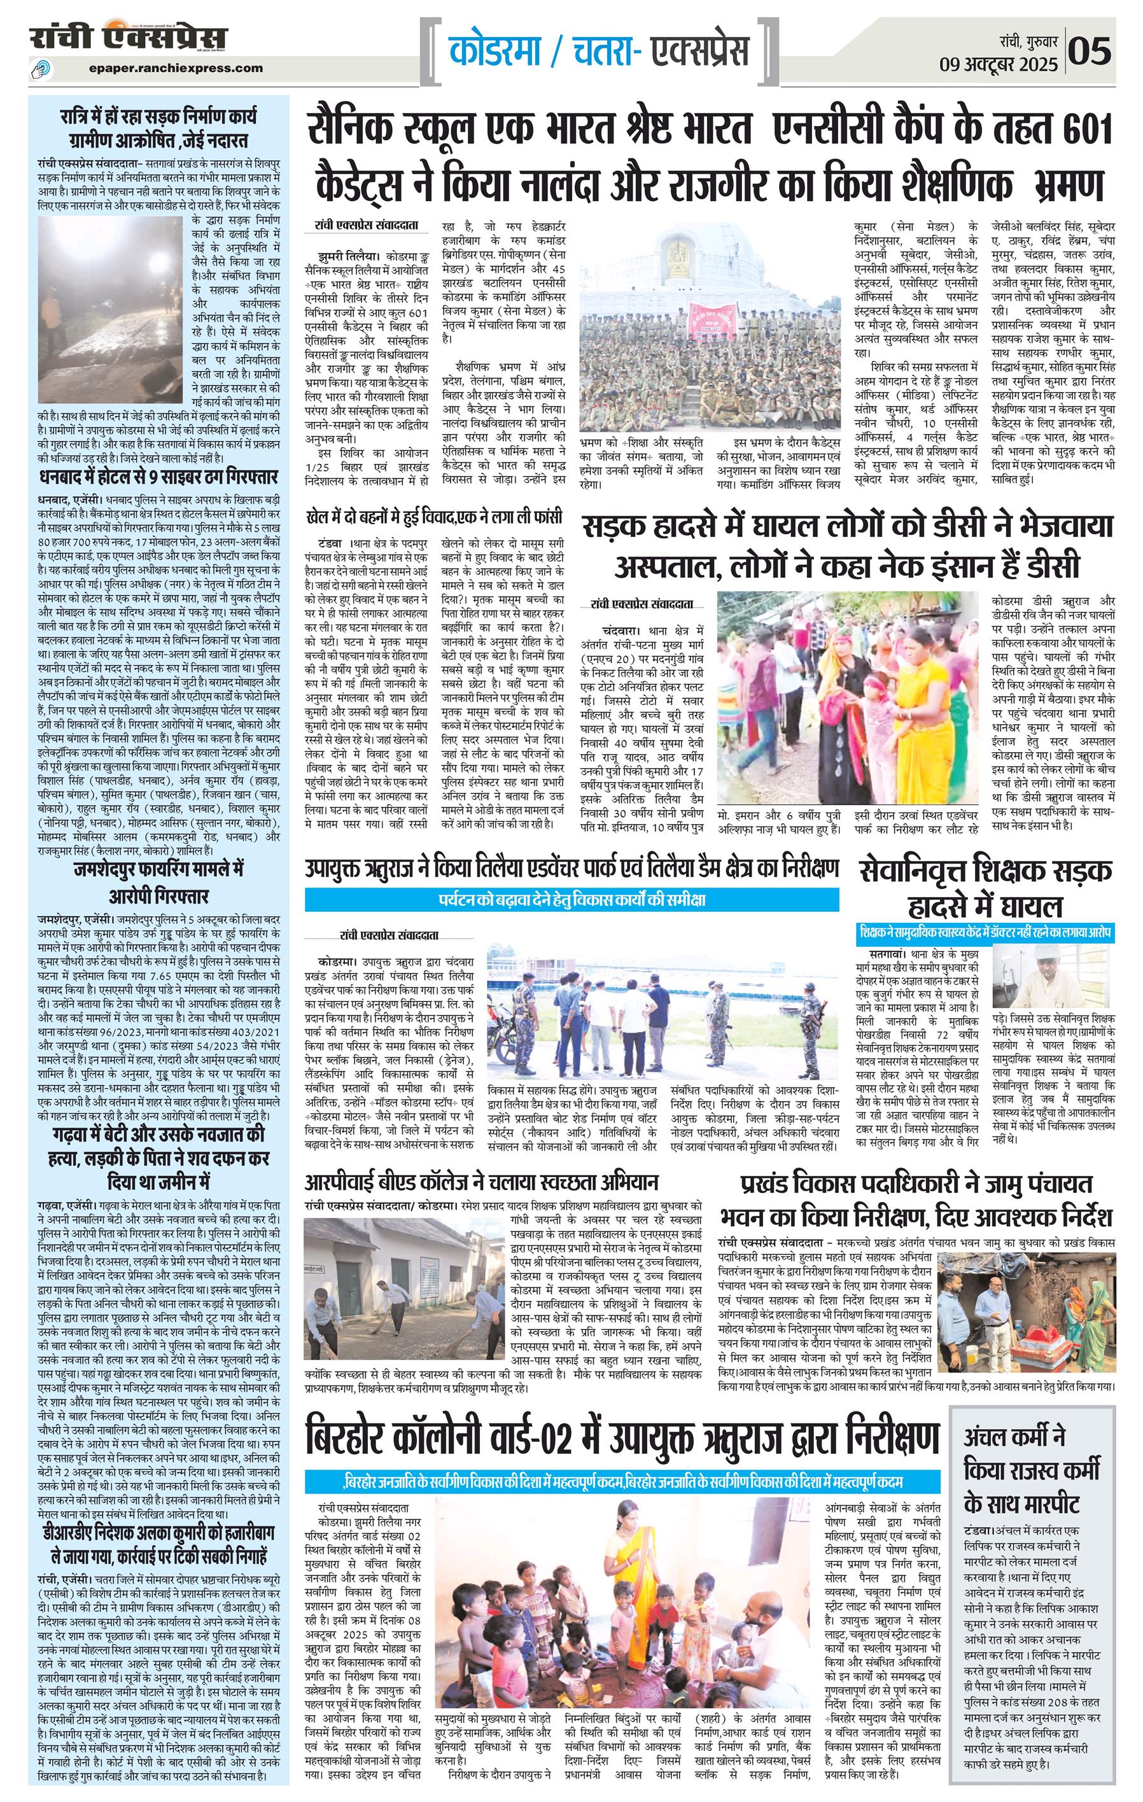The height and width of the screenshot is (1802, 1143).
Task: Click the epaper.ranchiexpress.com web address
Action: click(174, 68)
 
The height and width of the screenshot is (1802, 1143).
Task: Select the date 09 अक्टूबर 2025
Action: click(999, 64)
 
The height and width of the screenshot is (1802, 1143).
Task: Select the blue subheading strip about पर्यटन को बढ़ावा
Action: click(571, 898)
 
